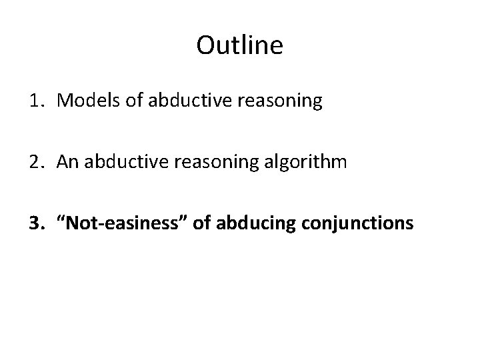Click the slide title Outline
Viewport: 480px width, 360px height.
pyautogui.click(x=240, y=45)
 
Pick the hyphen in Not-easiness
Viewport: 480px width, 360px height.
pyautogui.click(x=98, y=223)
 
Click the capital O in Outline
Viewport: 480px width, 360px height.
pyautogui.click(x=206, y=45)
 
